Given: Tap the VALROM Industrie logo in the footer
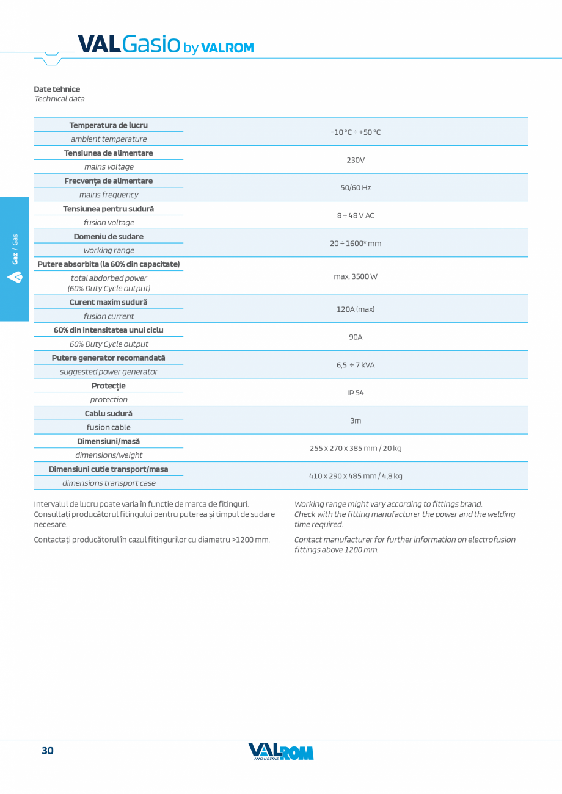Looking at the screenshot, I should tap(280, 751).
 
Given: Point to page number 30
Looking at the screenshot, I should tap(48, 751).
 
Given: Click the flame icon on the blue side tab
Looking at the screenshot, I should tap(15, 277).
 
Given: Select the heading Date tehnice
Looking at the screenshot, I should tap(57, 89).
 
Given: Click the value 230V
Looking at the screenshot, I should tap(356, 160).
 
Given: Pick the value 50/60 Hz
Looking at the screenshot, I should tap(356, 188).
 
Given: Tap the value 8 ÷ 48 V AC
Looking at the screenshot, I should tap(356, 216).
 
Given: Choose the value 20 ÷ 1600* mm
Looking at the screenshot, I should tap(356, 244).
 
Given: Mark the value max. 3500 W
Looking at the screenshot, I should tap(356, 276).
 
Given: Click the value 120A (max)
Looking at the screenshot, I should tap(356, 309).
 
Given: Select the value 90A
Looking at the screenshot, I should tap(356, 337).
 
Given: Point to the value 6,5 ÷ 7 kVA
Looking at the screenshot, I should tap(356, 365).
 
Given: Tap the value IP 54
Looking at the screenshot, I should tap(356, 393).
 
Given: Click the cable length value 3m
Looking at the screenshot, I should tap(356, 421).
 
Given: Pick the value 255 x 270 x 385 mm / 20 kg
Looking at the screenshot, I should tap(356, 449).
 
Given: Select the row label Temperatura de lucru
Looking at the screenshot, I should tap(109, 125).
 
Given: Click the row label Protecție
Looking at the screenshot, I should tap(109, 386).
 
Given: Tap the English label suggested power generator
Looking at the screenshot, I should tap(109, 372).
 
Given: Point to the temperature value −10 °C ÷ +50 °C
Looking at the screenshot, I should tap(356, 132).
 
